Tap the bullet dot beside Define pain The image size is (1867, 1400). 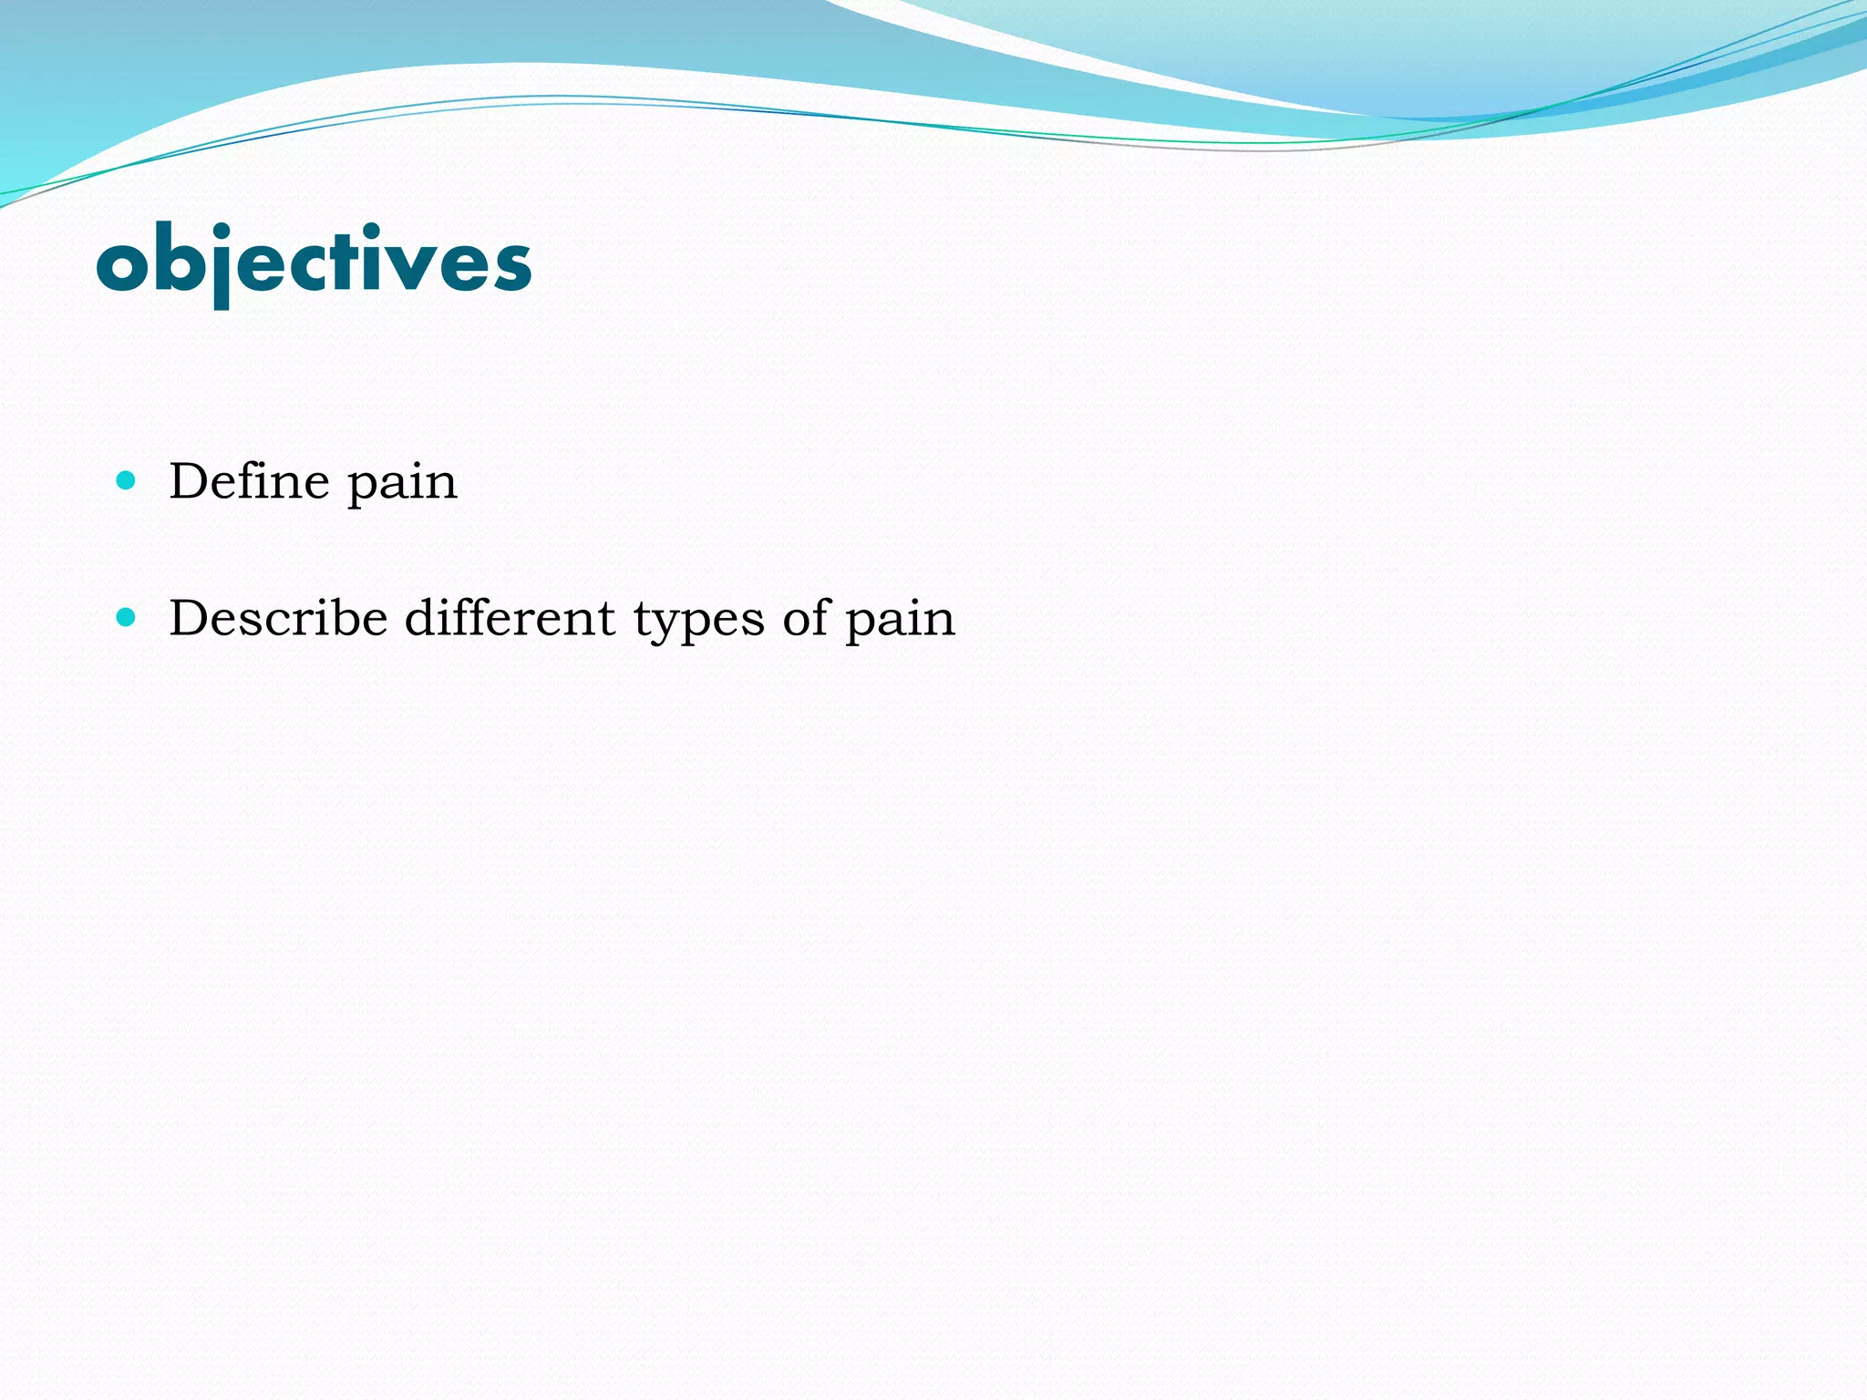click(127, 480)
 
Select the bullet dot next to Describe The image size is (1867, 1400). click(127, 618)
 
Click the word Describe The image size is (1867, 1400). click(278, 618)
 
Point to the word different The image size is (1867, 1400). click(510, 618)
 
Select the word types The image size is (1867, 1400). click(698, 622)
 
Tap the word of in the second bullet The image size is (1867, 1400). click(806, 618)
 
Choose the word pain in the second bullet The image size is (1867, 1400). click(900, 622)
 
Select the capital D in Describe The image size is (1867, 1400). click(191, 618)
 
